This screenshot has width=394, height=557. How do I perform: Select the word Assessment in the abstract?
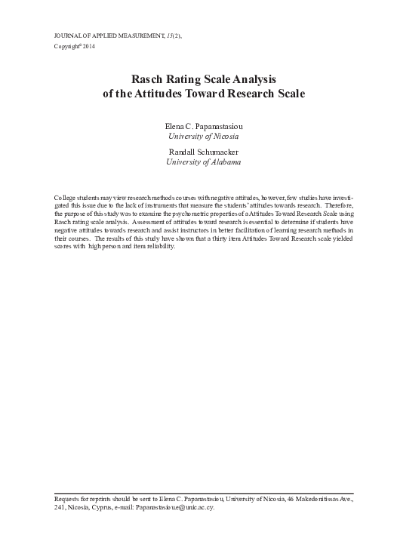[148, 223]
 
